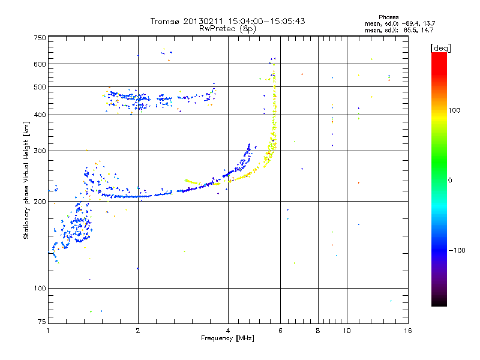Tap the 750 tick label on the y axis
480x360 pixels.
pyautogui.click(x=40, y=38)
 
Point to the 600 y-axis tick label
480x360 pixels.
pyautogui.click(x=40, y=64)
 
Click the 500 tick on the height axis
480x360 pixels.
pyautogui.click(x=40, y=87)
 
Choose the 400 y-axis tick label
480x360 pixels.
pyautogui.click(x=40, y=115)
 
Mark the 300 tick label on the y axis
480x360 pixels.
pyautogui.click(x=40, y=151)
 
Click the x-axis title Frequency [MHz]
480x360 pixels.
pyautogui.click(x=228, y=339)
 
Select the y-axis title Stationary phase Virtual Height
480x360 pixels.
pyautogui.click(x=26, y=180)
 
